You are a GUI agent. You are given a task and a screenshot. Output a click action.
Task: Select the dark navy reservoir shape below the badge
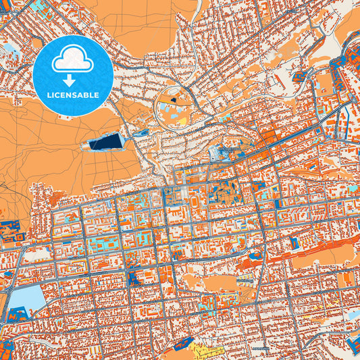(107, 142)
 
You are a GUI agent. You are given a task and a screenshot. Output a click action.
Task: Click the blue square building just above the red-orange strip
(295, 241)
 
